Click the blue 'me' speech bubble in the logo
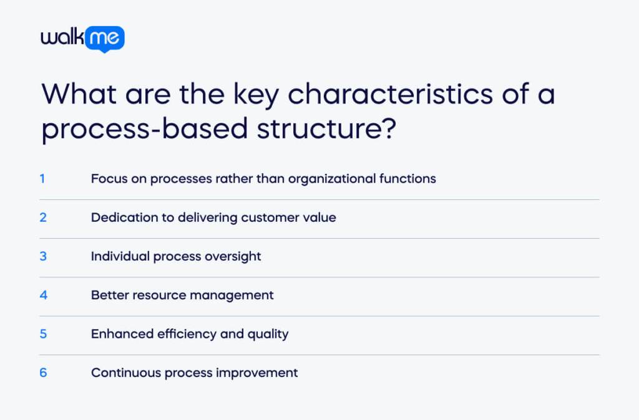107,39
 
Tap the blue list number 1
42,179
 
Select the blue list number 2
43,217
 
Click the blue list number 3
43,256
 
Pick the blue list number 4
43,295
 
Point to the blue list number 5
43,333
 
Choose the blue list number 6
43,373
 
